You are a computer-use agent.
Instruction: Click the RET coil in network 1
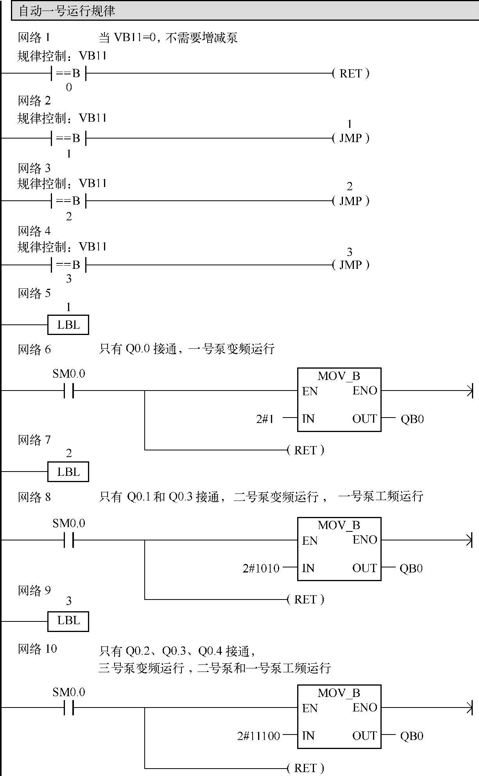pos(350,74)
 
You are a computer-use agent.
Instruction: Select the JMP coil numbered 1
pos(350,138)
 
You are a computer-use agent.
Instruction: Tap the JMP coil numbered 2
pos(350,201)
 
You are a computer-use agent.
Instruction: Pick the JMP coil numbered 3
pos(350,265)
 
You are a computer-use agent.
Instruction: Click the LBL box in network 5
pos(68,325)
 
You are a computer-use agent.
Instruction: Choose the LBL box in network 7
pos(68,472)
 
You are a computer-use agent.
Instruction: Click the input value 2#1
pos(265,419)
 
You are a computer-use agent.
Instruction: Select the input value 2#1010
pos(261,568)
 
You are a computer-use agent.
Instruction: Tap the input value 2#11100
pos(258,736)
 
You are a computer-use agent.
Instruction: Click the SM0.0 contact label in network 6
pos(69,374)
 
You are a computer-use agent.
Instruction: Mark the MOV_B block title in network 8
pos(339,525)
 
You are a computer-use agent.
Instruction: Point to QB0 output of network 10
pos(412,736)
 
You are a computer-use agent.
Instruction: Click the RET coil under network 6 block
pos(305,450)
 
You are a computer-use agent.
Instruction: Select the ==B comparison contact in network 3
pos(68,201)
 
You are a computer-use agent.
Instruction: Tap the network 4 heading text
pos(34,231)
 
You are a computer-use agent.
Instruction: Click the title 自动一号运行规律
pos(67,11)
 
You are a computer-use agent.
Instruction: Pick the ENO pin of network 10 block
pos(365,708)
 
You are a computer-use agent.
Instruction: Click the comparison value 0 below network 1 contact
pos(69,87)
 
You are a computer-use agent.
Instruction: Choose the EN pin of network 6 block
pos(310,391)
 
